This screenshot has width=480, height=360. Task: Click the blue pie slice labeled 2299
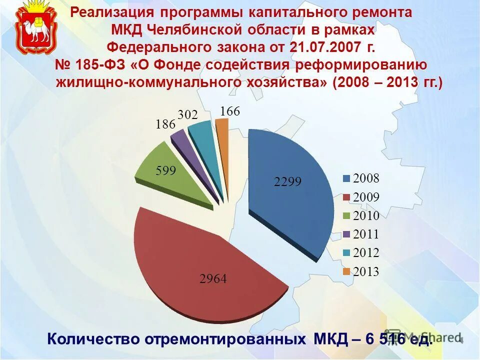coord(290,200)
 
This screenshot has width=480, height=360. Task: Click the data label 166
coord(230,111)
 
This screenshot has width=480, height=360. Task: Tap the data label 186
coord(165,124)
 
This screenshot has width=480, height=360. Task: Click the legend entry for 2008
coord(361,178)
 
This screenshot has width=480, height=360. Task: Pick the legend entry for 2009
coord(361,197)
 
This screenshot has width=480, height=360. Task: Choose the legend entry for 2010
coord(361,216)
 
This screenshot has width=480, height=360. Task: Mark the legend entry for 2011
coord(361,234)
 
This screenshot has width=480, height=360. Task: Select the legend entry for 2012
coord(361,253)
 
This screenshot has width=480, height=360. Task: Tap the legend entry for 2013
coord(361,272)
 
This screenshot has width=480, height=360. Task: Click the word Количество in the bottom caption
coord(93,338)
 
